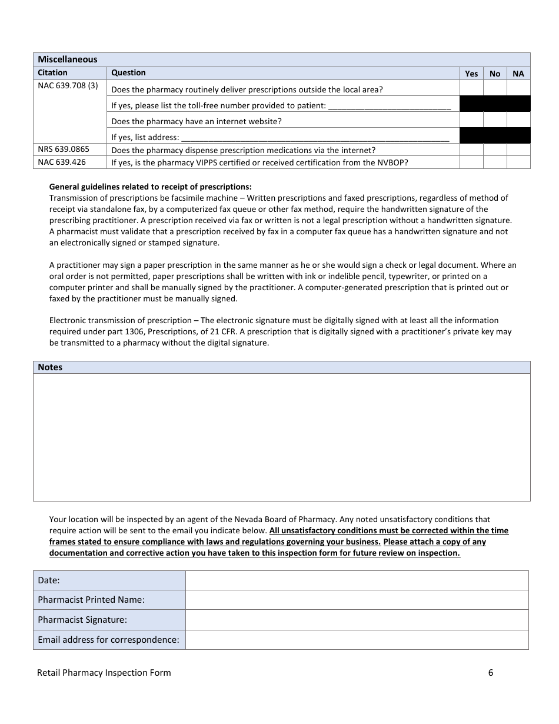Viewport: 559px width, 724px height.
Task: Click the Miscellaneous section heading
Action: coord(68,59)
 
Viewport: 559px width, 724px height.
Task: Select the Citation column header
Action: coord(53,73)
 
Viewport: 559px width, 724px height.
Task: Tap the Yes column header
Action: coord(471,74)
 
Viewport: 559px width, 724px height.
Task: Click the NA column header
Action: coord(518,74)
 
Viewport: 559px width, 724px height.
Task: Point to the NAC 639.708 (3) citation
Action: coord(68,86)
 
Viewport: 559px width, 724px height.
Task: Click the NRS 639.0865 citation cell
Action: coord(64,150)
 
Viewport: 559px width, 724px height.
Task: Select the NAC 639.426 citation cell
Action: coord(61,162)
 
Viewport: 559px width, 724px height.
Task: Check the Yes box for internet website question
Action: coord(471,120)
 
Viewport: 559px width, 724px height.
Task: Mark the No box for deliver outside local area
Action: coord(495,88)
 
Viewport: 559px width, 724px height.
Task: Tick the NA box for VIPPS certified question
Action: coord(518,162)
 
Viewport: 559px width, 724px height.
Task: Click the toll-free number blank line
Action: coord(389,107)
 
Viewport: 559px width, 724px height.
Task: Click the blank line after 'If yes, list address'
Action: coord(315,138)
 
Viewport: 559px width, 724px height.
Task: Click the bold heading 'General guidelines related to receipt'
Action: coord(151,187)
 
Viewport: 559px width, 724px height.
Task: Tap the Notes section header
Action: coord(50,367)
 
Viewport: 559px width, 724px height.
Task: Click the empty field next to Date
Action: coord(357,580)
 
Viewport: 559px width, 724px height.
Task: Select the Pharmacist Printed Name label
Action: coord(91,600)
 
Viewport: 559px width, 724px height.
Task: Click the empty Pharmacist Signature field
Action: coord(357,620)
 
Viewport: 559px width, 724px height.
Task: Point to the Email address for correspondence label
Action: coord(108,639)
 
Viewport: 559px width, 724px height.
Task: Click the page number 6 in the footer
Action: coord(491,673)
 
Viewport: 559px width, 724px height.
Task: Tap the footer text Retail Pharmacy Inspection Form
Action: coord(104,673)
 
